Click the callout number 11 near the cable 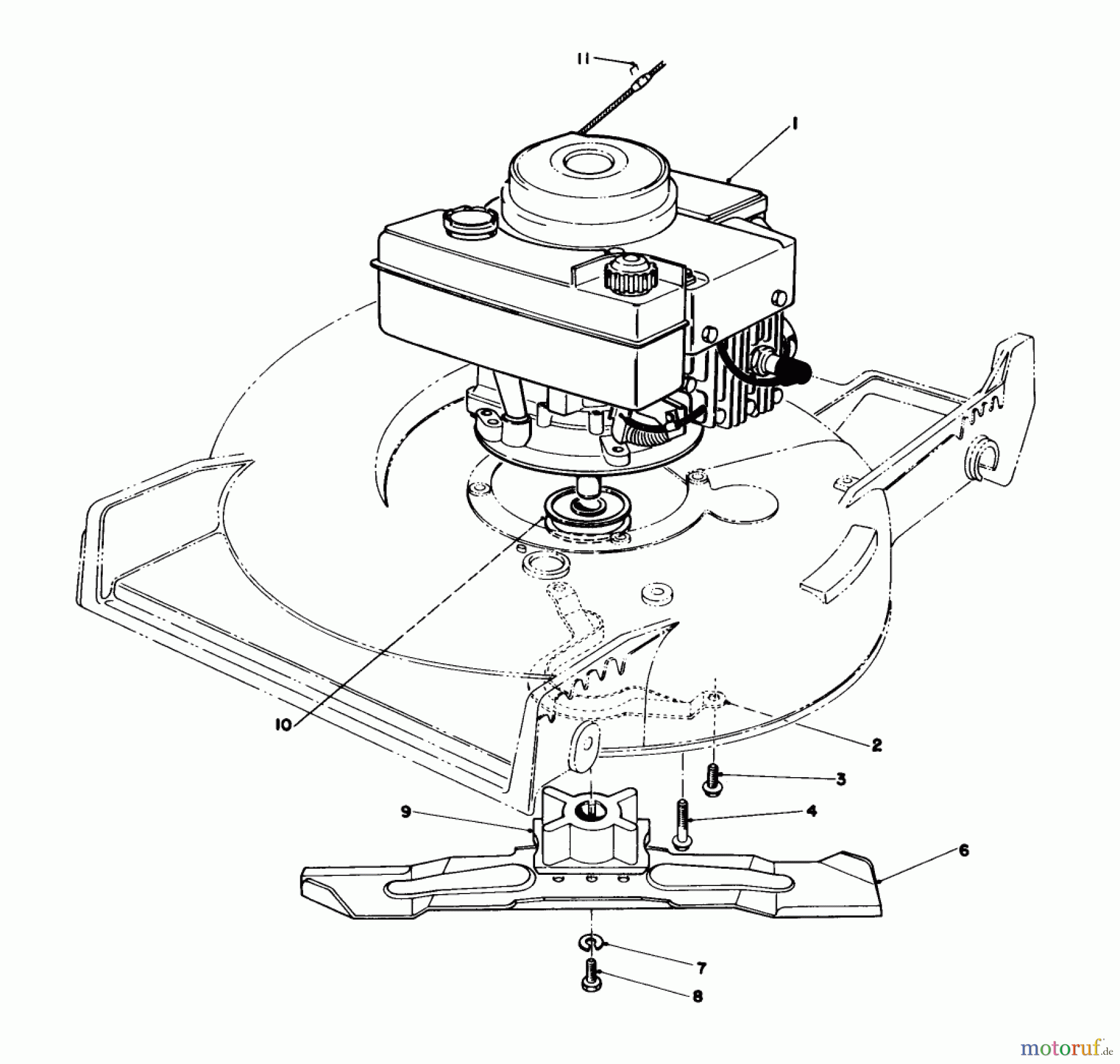tap(582, 60)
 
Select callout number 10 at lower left tap(283, 726)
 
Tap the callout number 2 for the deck tap(876, 745)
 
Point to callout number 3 tap(841, 779)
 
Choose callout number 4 tap(811, 811)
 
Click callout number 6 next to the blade tap(963, 851)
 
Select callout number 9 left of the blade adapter tap(406, 813)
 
